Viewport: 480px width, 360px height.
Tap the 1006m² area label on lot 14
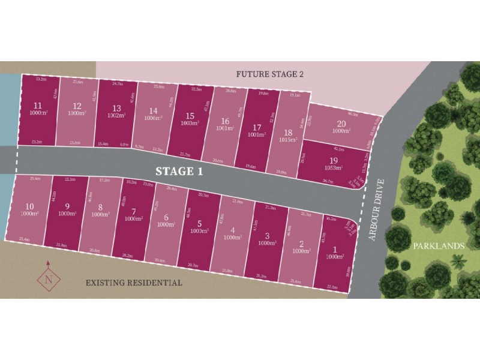(154, 118)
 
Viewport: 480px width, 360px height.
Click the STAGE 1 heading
(180, 170)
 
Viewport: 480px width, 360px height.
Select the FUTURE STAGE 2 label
(270, 74)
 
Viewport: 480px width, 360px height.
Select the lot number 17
(257, 127)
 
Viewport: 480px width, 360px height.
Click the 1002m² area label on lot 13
(116, 116)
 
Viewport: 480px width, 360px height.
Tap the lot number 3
(266, 235)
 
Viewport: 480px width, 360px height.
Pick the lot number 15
(190, 116)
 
